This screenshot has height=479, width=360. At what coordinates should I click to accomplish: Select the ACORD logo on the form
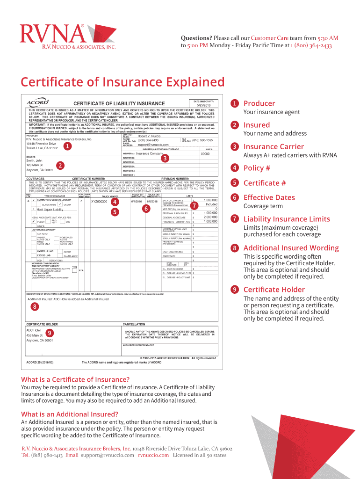pos(38,102)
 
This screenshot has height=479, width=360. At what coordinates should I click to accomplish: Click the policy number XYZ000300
pos(99,201)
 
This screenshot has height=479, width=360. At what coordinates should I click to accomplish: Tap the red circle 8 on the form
pos(35,307)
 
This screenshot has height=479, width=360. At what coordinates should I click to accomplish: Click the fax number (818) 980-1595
pos(202,140)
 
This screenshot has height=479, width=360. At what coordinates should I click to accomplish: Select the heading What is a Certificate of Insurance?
pos(75,379)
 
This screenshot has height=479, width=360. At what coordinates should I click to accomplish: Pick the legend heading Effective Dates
pos(269,197)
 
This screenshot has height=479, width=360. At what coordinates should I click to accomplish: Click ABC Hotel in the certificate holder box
pos(34,330)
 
